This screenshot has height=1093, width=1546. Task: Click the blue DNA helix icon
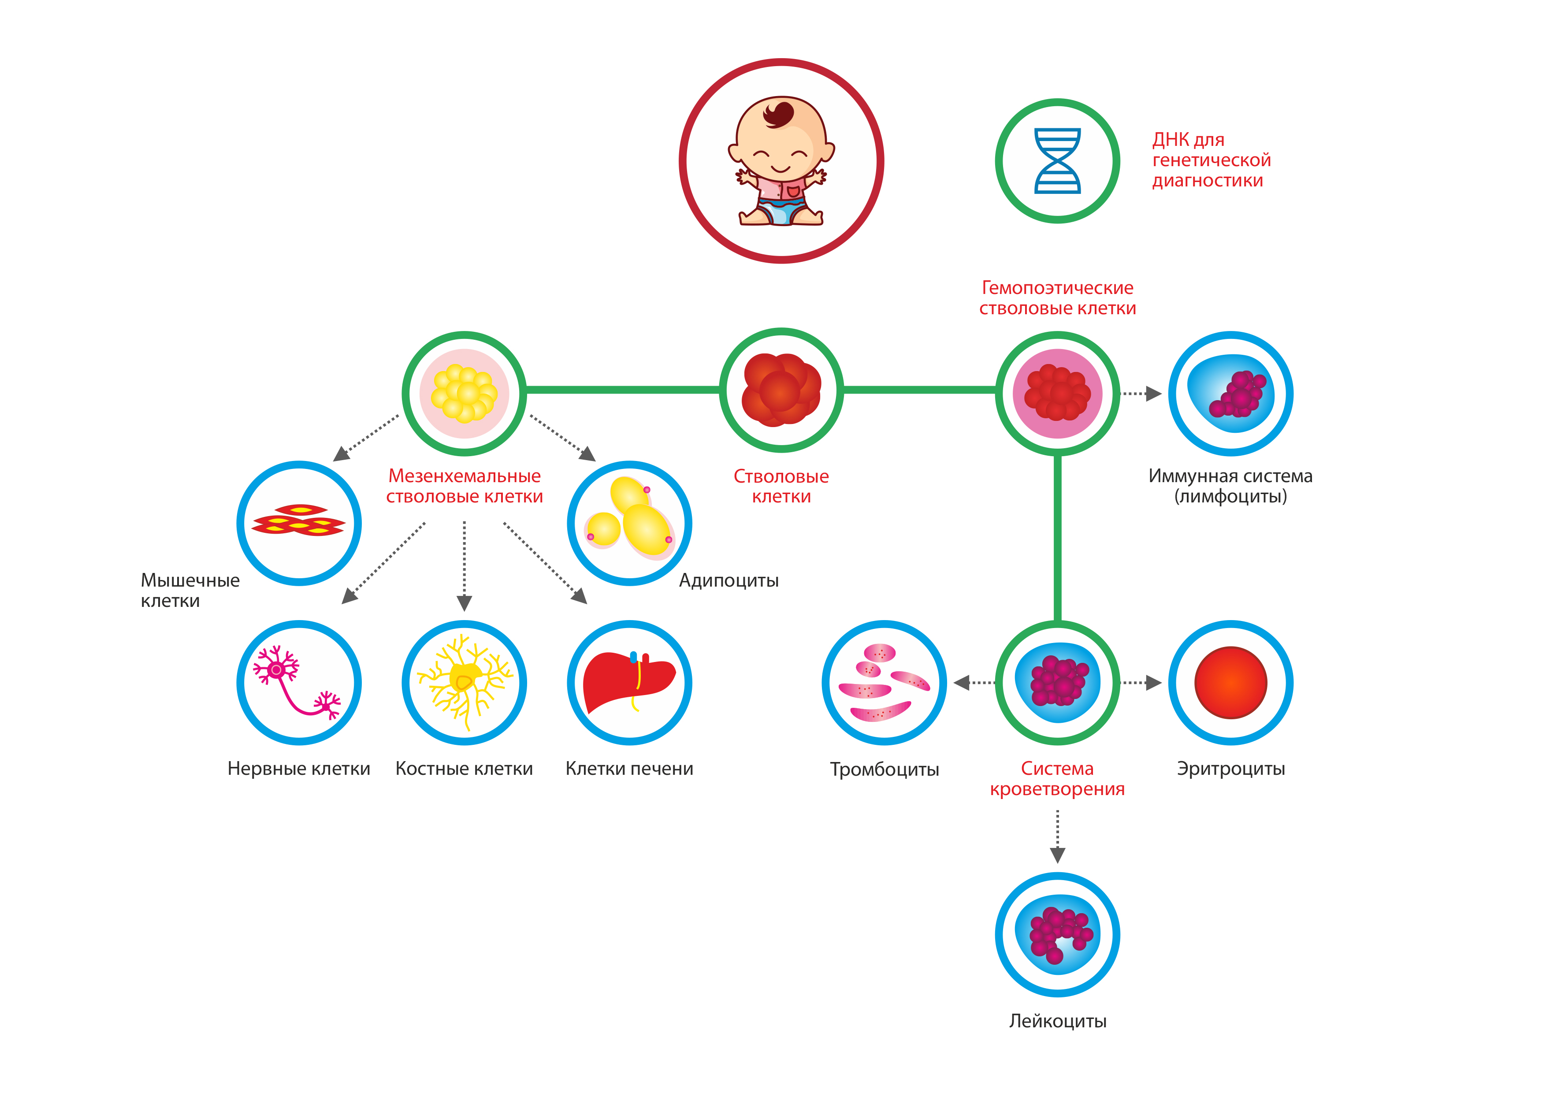tap(1057, 161)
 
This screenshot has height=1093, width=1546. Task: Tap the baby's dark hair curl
tap(779, 114)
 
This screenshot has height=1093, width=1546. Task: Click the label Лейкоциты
tap(1057, 1021)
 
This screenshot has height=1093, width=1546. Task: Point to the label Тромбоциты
tap(884, 769)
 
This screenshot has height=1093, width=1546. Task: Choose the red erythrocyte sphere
tap(1230, 683)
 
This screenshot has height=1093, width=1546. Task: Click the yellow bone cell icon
tap(464, 681)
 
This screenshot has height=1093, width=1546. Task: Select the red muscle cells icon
tap(298, 520)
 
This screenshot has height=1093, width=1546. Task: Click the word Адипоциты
tap(728, 580)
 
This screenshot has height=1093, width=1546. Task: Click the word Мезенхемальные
tap(464, 476)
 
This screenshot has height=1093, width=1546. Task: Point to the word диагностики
tap(1207, 181)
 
